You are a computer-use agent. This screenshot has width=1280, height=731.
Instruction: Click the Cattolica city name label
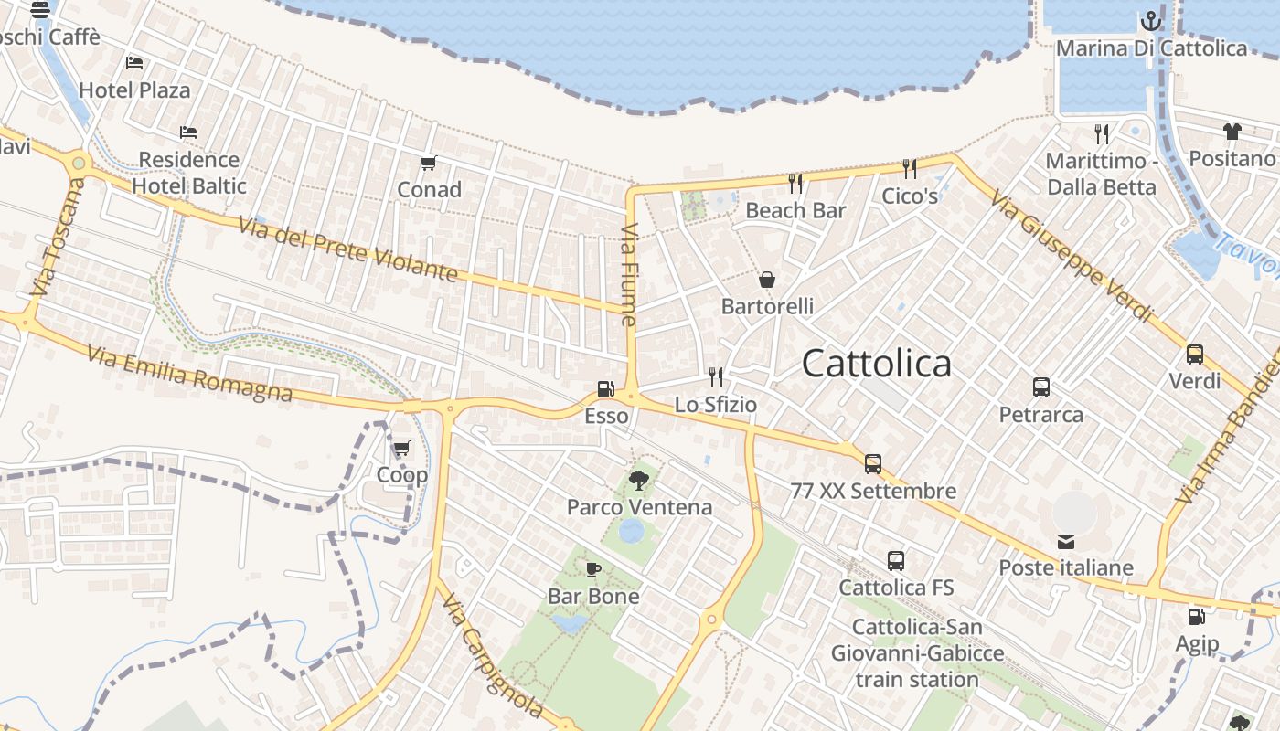tap(876, 364)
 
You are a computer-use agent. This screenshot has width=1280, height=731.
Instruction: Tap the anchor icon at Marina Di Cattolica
tap(1150, 21)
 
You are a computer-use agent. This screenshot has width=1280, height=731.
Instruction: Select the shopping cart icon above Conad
tap(428, 164)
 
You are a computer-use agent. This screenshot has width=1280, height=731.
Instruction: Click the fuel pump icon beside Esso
tap(604, 389)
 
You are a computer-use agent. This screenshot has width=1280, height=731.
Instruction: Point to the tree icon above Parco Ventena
tap(639, 479)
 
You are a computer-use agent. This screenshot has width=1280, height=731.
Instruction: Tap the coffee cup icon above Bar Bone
tap(593, 570)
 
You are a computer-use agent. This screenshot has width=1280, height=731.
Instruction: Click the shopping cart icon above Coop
tap(401, 449)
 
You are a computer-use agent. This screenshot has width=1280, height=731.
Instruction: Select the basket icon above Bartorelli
tap(767, 280)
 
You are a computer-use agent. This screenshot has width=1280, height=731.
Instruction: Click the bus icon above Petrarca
tap(1040, 387)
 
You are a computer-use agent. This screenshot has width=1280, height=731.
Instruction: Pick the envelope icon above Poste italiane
tap(1066, 542)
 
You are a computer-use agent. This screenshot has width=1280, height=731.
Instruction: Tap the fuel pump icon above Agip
tap(1196, 617)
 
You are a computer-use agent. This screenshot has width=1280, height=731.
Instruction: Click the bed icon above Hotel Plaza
tap(134, 63)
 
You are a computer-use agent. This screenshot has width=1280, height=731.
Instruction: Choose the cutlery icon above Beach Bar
tap(795, 184)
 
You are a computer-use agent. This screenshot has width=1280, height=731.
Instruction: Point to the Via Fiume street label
tap(628, 275)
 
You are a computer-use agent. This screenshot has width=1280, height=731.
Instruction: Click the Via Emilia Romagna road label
tap(190, 373)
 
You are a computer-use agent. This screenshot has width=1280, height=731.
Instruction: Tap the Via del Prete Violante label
tap(347, 248)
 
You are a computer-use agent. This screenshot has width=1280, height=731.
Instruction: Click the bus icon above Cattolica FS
tap(895, 561)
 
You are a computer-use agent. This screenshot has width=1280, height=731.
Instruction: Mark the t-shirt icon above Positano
tap(1232, 132)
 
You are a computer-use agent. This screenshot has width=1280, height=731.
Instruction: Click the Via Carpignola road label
tap(490, 652)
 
